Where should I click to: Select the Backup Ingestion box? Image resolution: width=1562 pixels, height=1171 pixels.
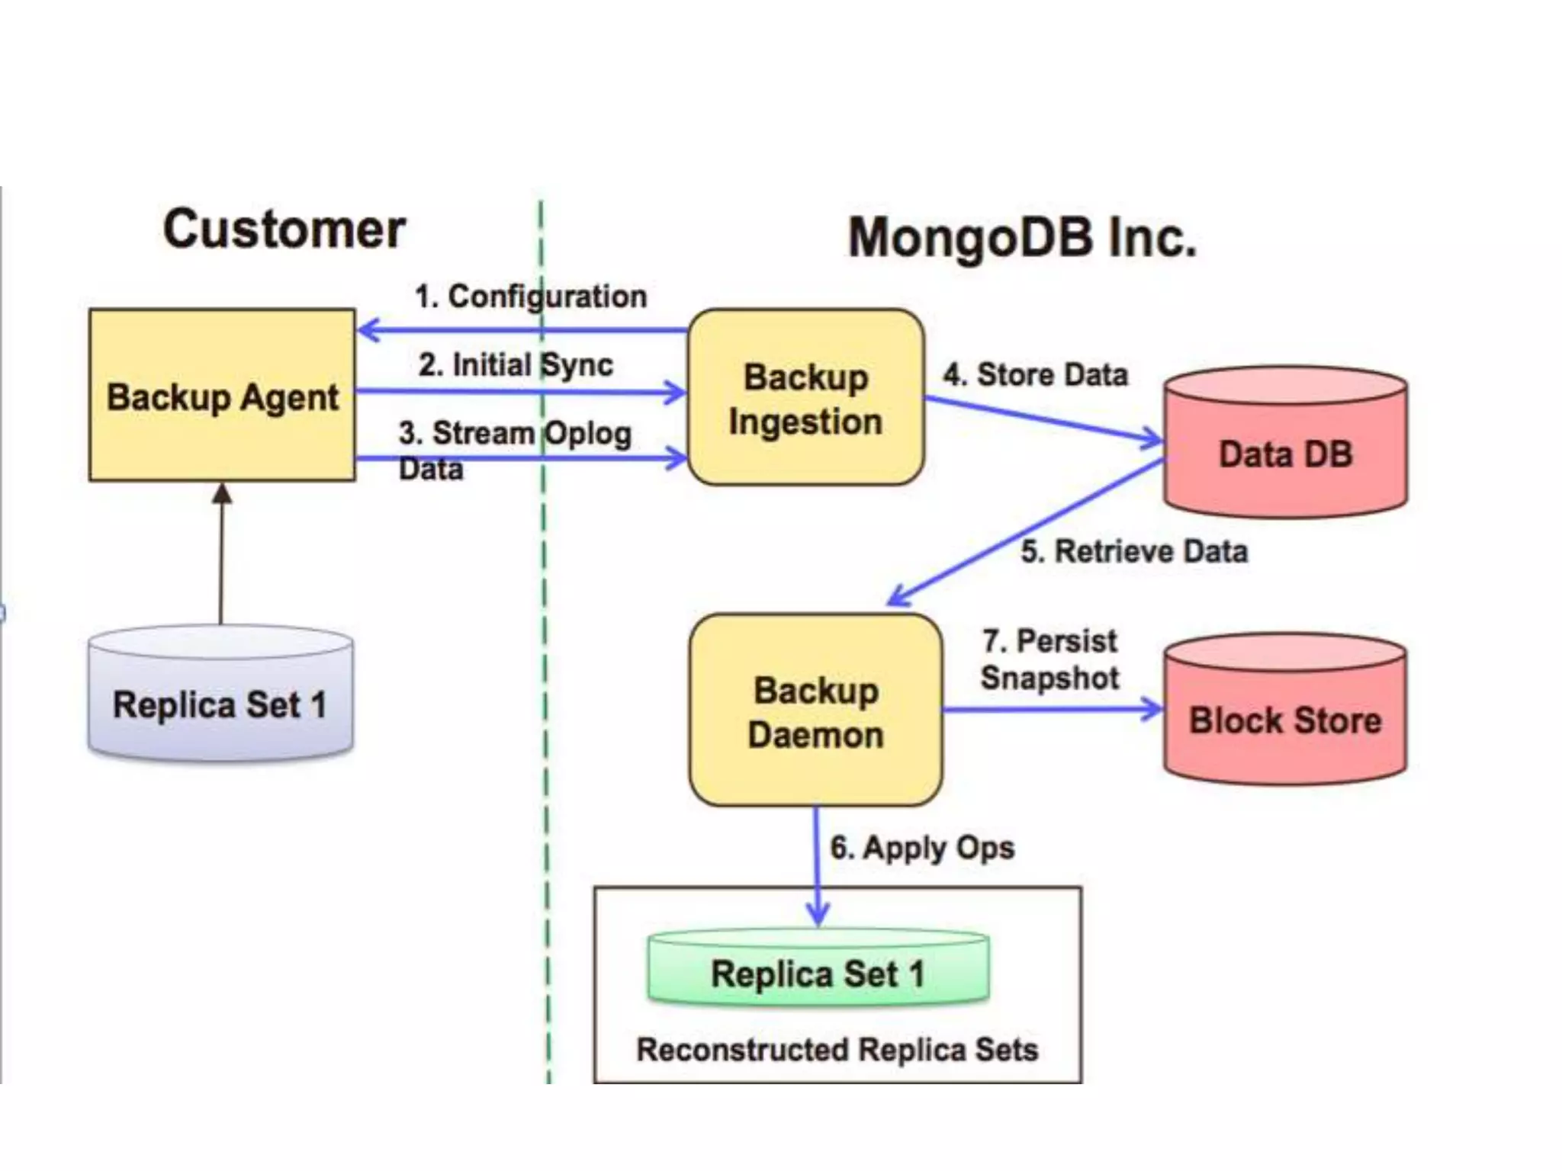(x=805, y=398)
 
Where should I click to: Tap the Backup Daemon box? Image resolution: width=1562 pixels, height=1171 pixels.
(x=815, y=711)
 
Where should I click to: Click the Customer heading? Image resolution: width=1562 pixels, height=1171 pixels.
(x=284, y=229)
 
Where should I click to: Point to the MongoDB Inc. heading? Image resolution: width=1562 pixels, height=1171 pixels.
(x=1022, y=237)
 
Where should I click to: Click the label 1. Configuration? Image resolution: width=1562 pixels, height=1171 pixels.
(x=530, y=297)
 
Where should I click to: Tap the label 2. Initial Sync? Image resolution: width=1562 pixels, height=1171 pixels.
(x=516, y=364)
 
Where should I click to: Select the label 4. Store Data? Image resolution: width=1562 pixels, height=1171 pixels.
(x=1035, y=374)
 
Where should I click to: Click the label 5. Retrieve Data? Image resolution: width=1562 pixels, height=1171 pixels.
(x=1134, y=551)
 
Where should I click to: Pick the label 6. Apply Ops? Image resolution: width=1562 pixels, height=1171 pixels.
(x=922, y=848)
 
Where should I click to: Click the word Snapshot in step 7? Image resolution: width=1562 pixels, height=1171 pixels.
(x=1049, y=678)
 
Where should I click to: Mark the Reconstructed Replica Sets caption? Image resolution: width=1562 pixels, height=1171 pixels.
(x=837, y=1050)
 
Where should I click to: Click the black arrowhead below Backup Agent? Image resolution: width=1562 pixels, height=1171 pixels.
(x=222, y=493)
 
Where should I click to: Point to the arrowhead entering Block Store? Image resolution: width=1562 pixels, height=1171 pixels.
(x=1152, y=710)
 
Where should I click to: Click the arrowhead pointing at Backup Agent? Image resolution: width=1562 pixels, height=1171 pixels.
(x=368, y=330)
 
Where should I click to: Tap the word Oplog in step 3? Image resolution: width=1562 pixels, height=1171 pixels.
(x=587, y=434)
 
